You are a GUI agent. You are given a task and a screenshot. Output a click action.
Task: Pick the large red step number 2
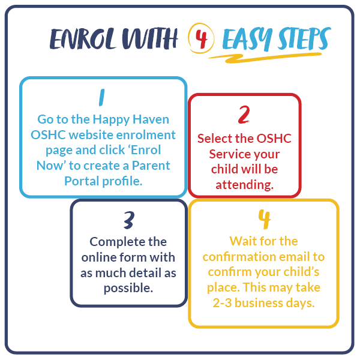244,115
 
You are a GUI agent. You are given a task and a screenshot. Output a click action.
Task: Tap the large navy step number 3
128,220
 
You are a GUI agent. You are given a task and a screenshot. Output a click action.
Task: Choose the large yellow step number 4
263,220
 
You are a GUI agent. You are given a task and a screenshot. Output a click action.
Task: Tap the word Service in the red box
230,154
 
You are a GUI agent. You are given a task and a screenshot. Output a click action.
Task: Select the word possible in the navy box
128,287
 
